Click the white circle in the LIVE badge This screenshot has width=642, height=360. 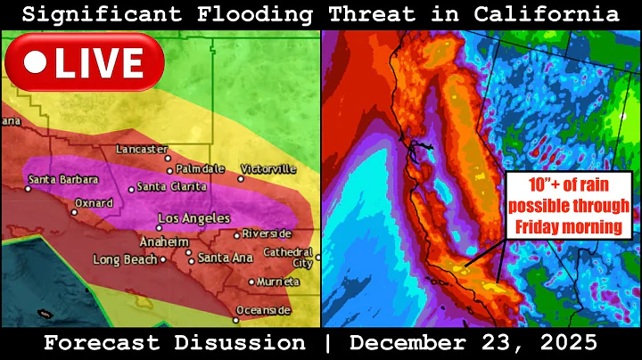click(x=36, y=61)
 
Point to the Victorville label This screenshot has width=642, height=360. click(x=271, y=168)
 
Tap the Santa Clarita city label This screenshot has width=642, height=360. click(x=173, y=187)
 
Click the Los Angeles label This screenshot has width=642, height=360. click(x=193, y=218)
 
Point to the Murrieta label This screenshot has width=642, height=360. click(x=280, y=282)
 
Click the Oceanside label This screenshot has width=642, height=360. click(x=267, y=310)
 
